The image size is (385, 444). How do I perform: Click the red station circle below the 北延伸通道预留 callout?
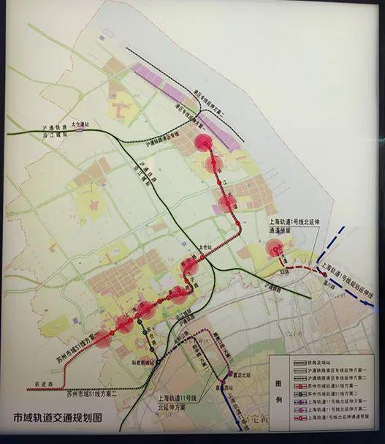click(x=275, y=249)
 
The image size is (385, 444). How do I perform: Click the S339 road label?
click(x=286, y=272)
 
